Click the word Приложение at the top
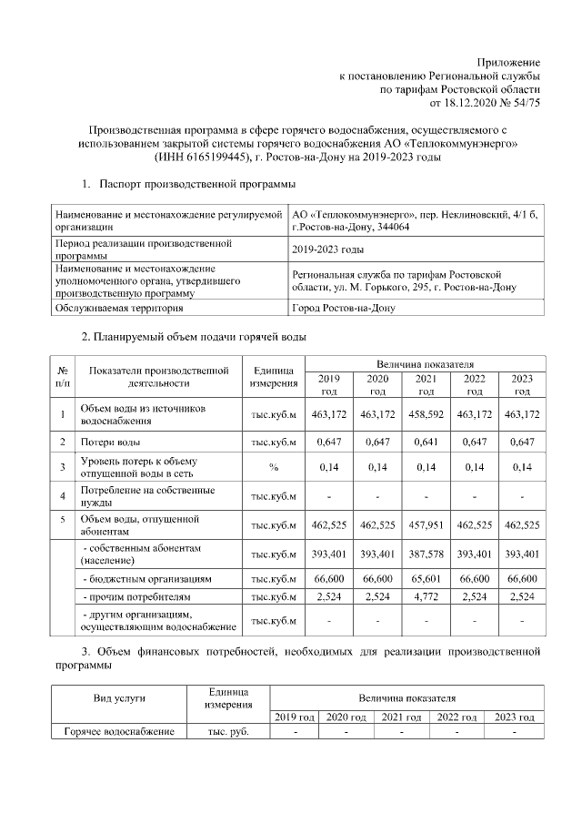[509, 60]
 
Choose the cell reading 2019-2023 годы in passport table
[327, 249]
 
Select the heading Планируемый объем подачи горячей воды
[194, 337]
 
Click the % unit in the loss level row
[273, 468]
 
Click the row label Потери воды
[110, 443]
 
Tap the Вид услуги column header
[119, 697]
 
